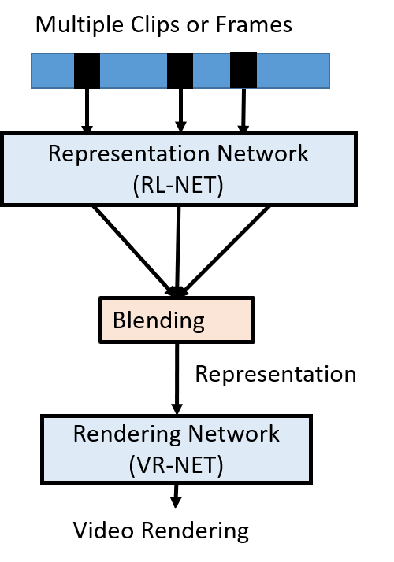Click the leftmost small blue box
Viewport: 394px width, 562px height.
pyautogui.click(x=52, y=71)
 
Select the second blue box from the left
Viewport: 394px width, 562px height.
pyautogui.click(x=133, y=71)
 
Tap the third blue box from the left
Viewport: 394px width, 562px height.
pyautogui.click(x=211, y=71)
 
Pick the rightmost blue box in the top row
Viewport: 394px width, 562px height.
pyautogui.click(x=293, y=71)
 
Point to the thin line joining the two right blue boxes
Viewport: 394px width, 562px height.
pyautogui.click(x=243, y=87)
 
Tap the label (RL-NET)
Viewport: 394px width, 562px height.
pyautogui.click(x=178, y=185)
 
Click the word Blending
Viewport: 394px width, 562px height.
pyautogui.click(x=158, y=320)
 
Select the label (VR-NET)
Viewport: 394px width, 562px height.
pyautogui.click(x=177, y=464)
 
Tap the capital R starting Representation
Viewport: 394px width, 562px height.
pyautogui.click(x=54, y=153)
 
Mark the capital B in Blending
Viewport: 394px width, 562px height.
pyautogui.click(x=119, y=320)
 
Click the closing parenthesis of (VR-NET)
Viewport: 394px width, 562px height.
pyautogui.click(x=220, y=464)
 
